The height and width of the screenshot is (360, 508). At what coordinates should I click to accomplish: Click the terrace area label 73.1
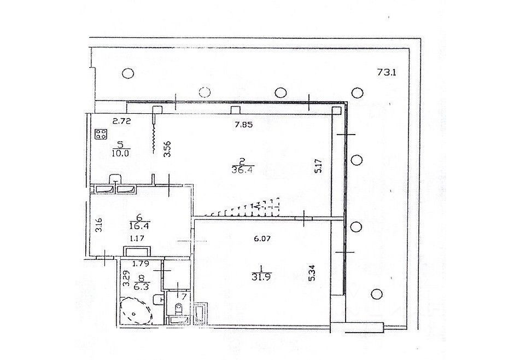pyautogui.click(x=387, y=72)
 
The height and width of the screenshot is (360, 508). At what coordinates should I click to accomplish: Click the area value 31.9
pyautogui.click(x=264, y=276)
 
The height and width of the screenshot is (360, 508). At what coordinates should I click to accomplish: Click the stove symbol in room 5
pyautogui.click(x=101, y=134)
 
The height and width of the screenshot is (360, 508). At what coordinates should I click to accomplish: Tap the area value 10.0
pyautogui.click(x=120, y=153)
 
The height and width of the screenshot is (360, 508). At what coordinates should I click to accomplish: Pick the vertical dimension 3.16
pyautogui.click(x=98, y=225)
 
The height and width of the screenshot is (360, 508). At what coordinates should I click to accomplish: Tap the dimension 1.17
pyautogui.click(x=136, y=238)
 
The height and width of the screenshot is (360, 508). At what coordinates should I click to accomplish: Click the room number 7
pyautogui.click(x=184, y=296)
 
